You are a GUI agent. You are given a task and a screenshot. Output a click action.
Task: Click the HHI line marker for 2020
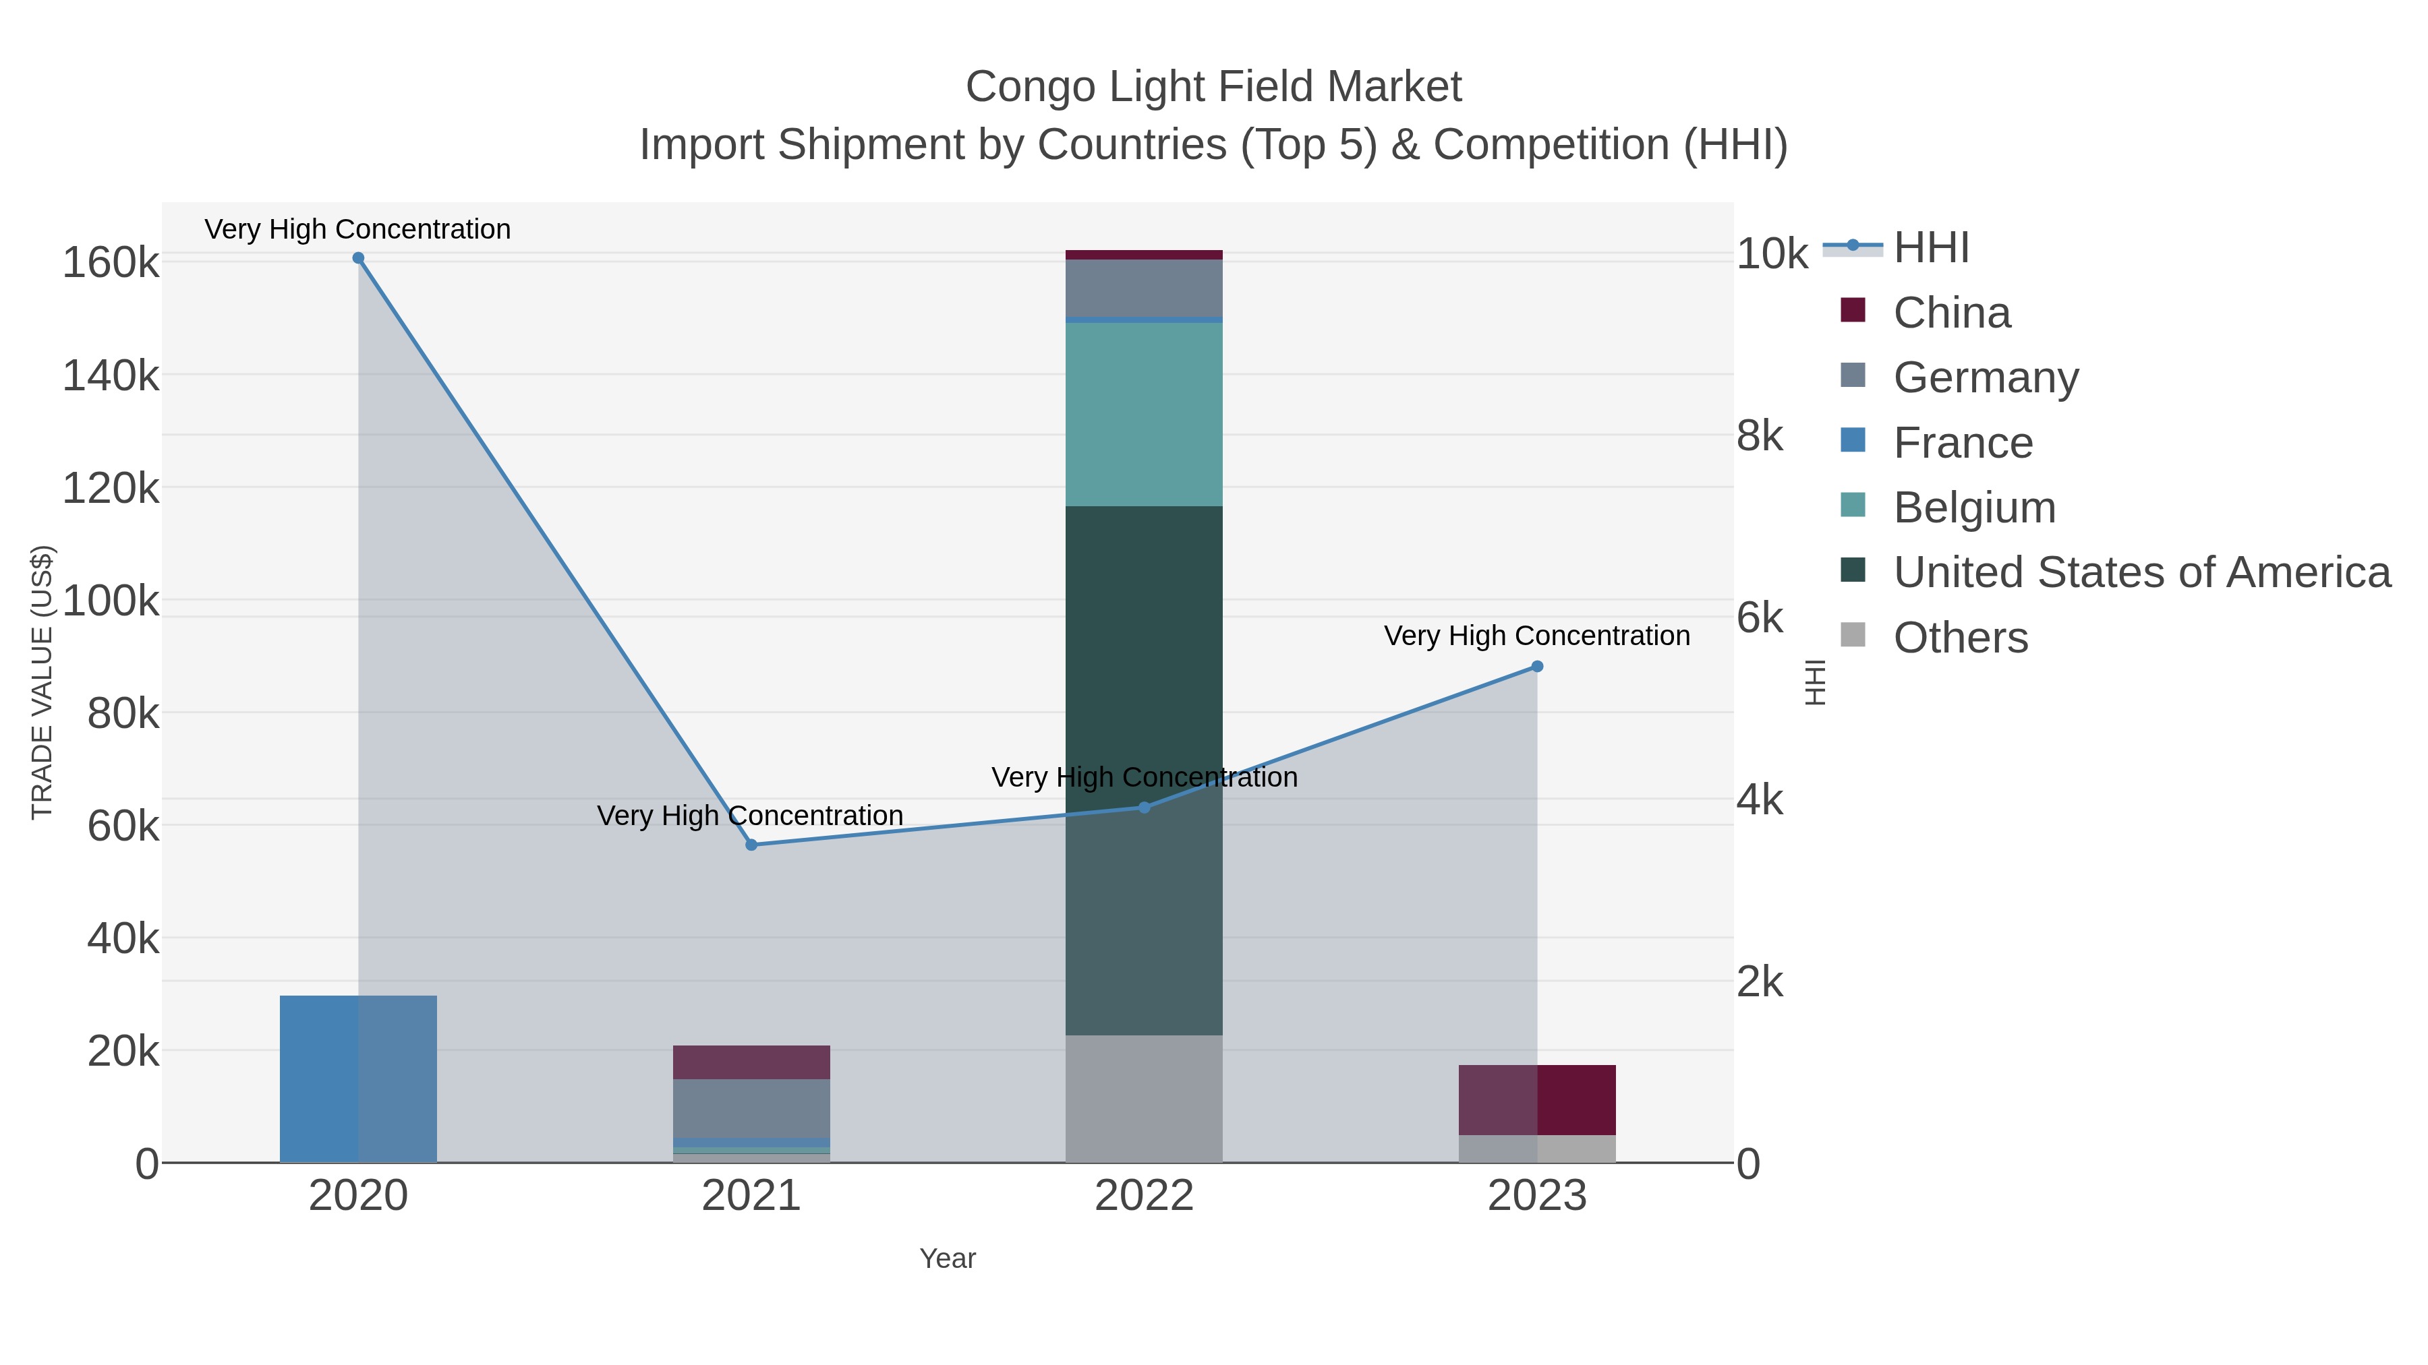click(358, 258)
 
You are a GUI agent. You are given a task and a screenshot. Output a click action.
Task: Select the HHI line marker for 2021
click(751, 845)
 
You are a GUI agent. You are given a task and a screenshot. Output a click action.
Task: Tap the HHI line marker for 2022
click(1145, 808)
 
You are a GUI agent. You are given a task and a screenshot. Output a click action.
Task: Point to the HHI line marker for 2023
click(1537, 667)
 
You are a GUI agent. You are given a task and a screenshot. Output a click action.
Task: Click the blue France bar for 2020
click(358, 1079)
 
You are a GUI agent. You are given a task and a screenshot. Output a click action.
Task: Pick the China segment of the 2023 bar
click(1537, 1099)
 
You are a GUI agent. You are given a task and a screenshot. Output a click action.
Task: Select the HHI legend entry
click(1930, 248)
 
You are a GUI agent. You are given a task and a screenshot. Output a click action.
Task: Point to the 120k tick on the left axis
click(111, 489)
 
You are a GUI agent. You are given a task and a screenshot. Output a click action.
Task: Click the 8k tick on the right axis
click(1760, 436)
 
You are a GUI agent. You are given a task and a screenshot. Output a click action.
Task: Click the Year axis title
click(948, 1258)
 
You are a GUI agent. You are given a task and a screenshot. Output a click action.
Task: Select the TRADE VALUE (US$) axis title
click(42, 682)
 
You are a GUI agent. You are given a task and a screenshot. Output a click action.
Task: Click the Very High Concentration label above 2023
click(1536, 636)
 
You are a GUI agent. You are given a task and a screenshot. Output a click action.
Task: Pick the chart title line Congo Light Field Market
click(1213, 87)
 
